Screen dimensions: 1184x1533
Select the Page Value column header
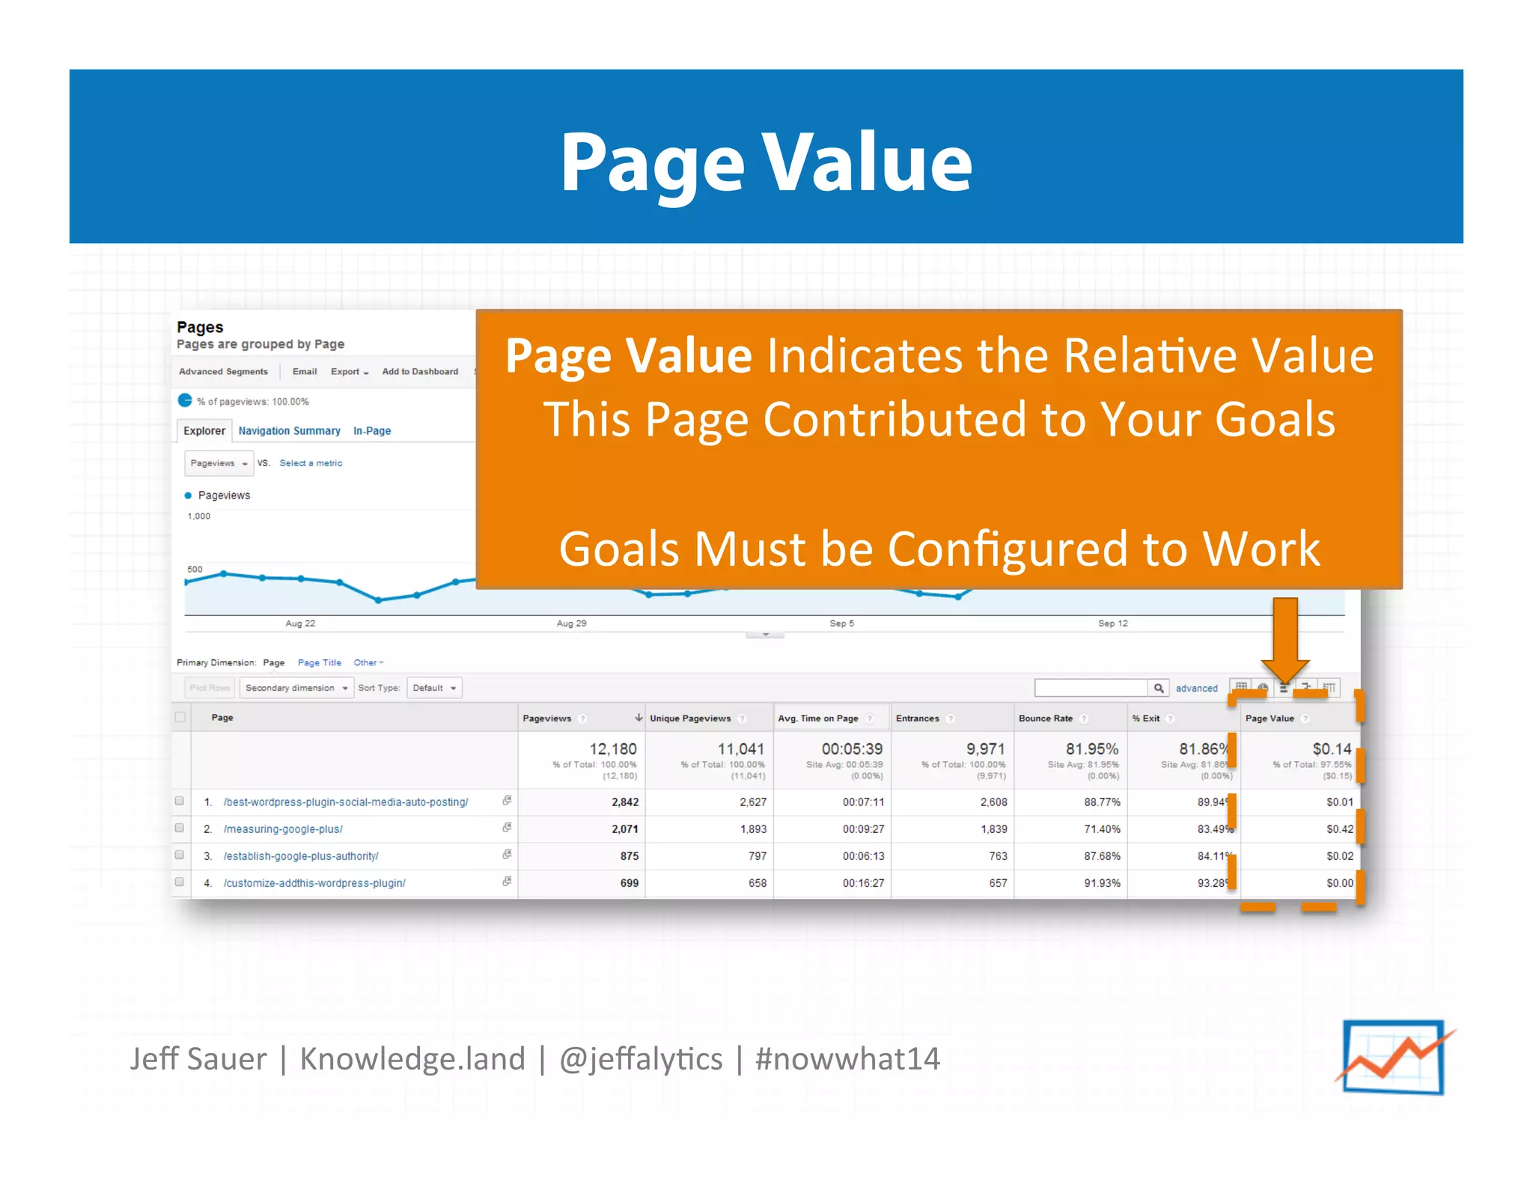click(1270, 718)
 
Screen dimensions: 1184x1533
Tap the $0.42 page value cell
click(1339, 829)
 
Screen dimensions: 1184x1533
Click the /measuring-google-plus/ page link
click(283, 829)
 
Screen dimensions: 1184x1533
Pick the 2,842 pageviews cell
click(624, 802)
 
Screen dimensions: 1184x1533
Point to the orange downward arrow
click(1284, 636)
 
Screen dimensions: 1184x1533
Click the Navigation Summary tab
click(289, 430)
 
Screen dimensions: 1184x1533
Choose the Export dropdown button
click(349, 371)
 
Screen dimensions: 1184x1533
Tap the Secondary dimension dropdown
click(296, 688)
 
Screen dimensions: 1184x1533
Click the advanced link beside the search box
click(1196, 688)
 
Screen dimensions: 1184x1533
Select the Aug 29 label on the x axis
click(571, 623)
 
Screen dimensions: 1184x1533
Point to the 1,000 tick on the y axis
click(199, 516)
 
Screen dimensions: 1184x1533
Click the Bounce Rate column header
click(1045, 718)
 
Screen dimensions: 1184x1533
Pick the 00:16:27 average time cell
click(863, 882)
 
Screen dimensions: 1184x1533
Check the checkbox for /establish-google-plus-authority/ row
click(180, 855)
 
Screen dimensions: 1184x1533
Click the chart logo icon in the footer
click(1394, 1058)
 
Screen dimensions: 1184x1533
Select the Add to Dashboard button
click(420, 371)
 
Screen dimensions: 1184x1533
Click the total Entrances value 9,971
click(985, 748)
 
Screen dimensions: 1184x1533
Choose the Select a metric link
click(311, 463)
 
